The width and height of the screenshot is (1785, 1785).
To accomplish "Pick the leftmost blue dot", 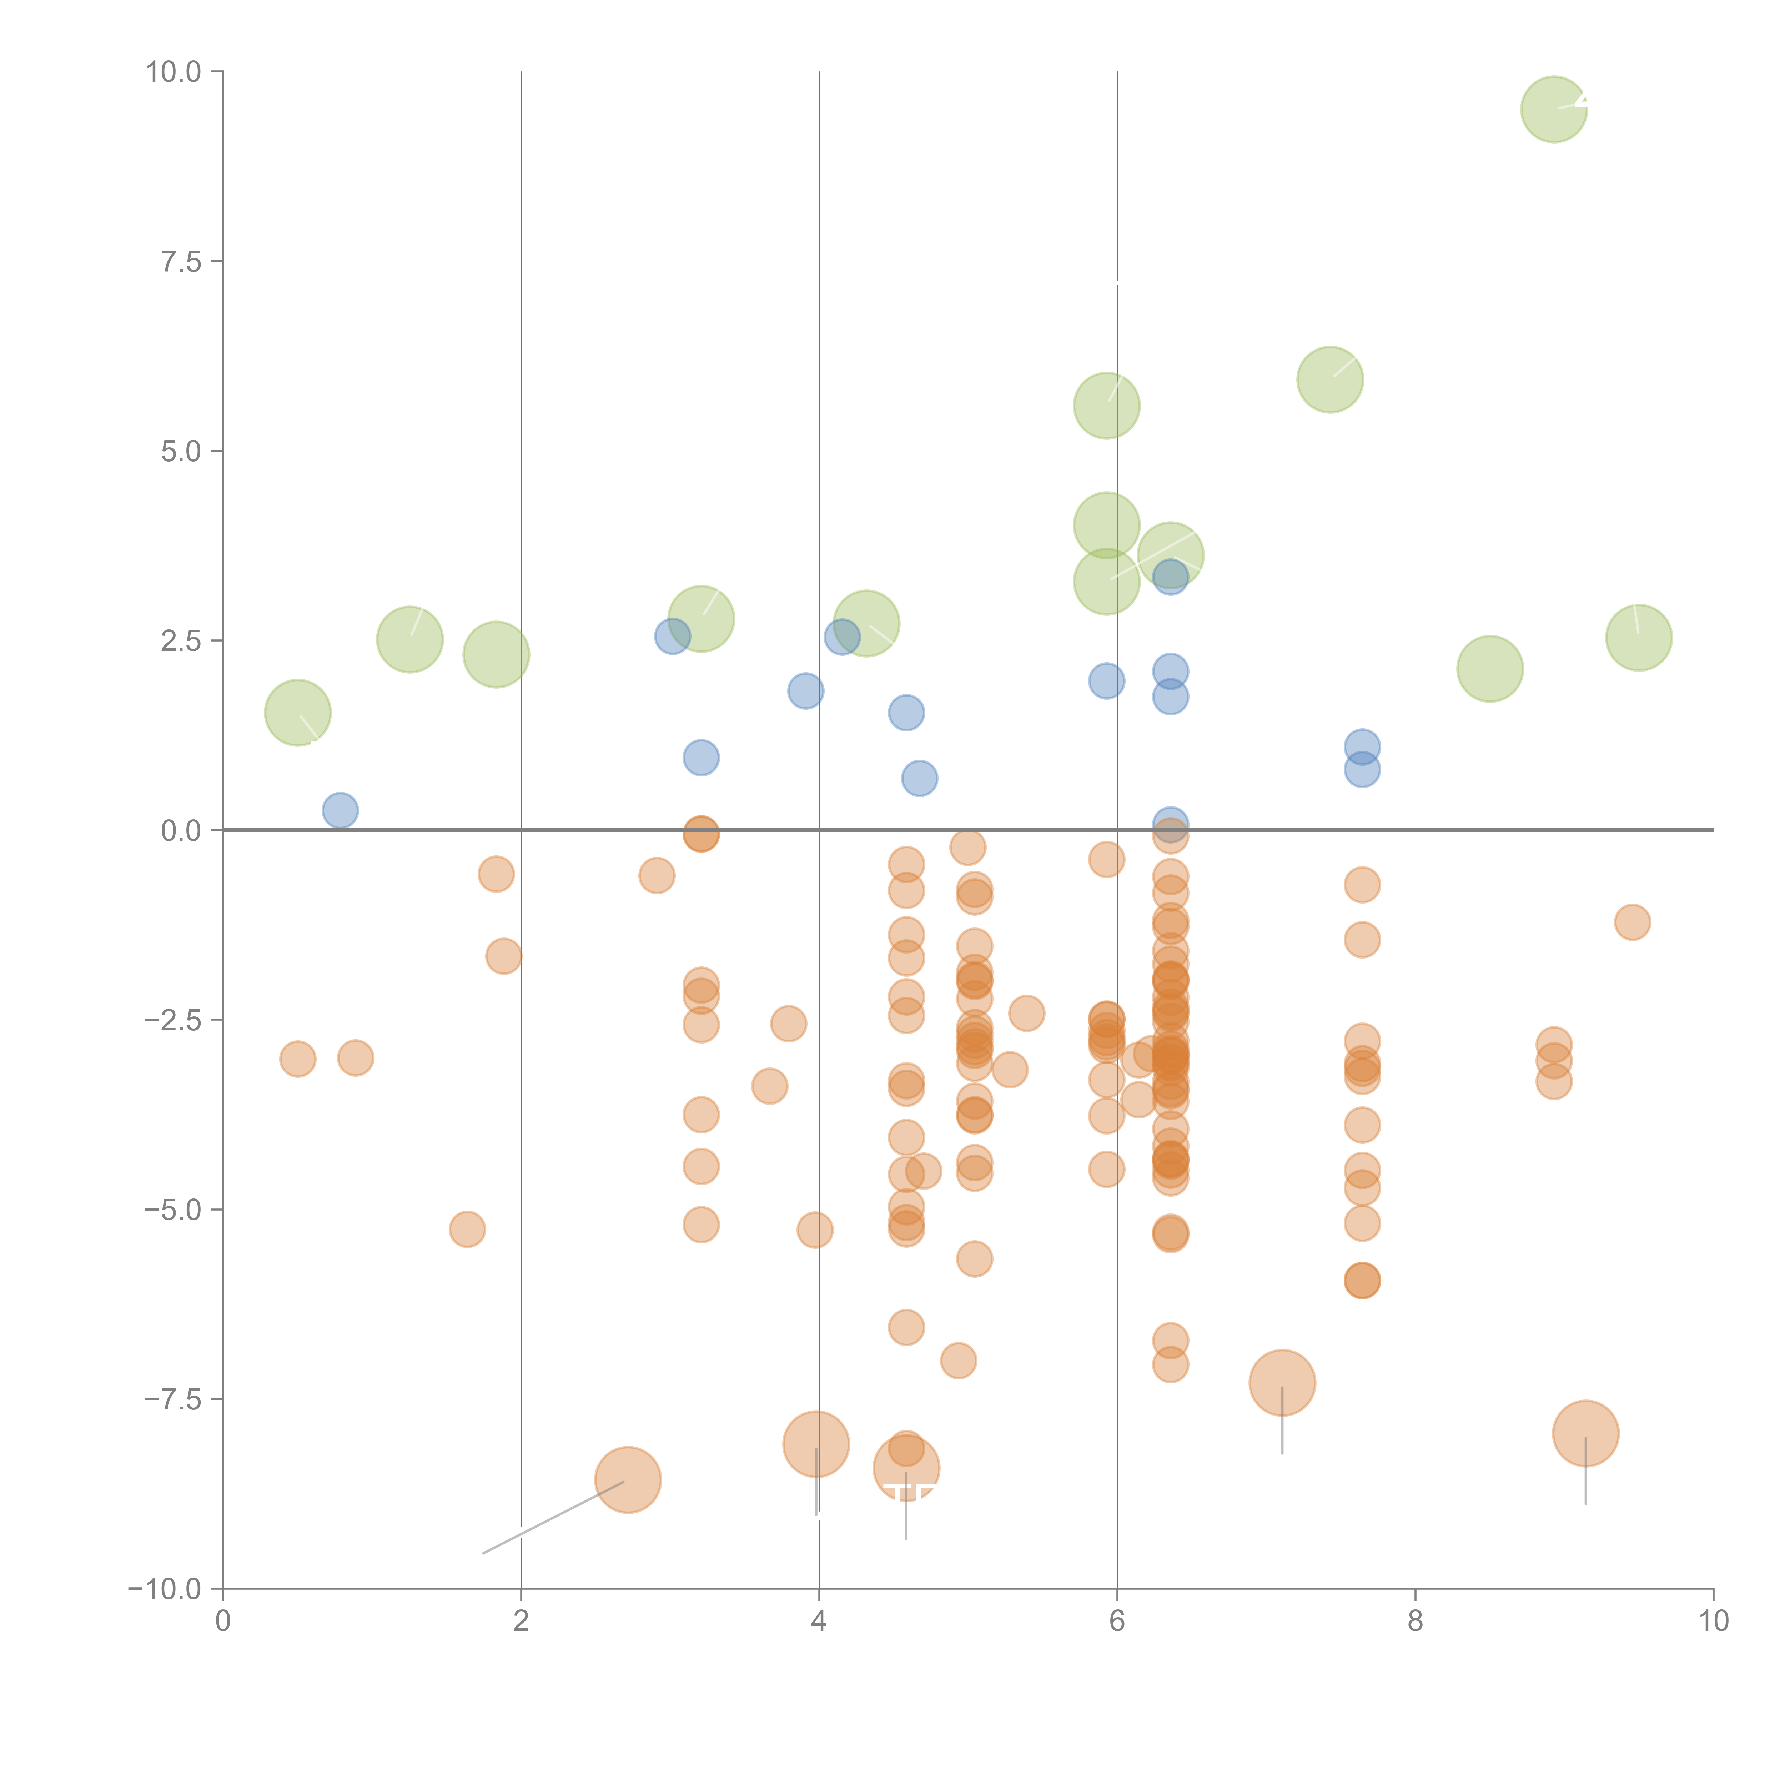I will [x=340, y=810].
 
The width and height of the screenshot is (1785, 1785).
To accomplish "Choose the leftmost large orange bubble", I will [x=627, y=1479].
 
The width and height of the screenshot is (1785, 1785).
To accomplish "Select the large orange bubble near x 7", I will [x=1282, y=1382].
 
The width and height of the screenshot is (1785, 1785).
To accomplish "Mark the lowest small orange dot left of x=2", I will [x=468, y=1229].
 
